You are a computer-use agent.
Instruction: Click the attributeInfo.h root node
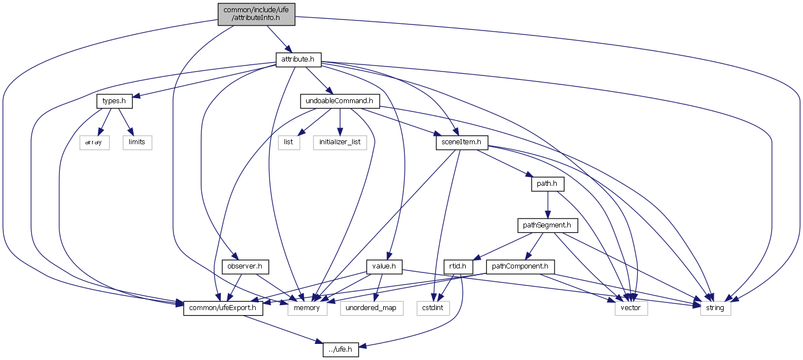(256, 13)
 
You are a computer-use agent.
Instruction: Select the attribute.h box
(298, 58)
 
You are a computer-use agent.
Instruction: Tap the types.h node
(115, 101)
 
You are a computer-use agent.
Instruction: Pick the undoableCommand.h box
(339, 101)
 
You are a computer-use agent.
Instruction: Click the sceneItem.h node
(461, 142)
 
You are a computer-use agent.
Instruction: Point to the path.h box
(547, 184)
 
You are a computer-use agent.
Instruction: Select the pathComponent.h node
(521, 266)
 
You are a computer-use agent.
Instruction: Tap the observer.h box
(245, 266)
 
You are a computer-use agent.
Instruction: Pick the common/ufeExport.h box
(223, 307)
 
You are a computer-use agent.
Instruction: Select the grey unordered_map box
(371, 307)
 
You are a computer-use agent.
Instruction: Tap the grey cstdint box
(434, 307)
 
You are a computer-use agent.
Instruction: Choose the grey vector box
(631, 307)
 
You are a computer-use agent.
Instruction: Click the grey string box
(715, 307)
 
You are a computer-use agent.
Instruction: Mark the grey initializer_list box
(339, 142)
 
